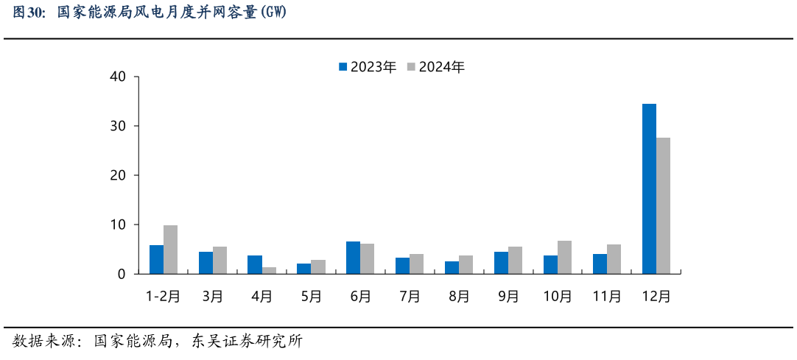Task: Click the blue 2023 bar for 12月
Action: point(649,188)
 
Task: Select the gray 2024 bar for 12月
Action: point(663,205)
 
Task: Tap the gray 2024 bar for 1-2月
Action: point(170,250)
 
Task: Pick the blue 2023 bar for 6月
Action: point(353,258)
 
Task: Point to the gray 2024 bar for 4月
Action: point(269,270)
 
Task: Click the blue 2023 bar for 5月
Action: point(303,269)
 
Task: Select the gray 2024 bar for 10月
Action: point(564,257)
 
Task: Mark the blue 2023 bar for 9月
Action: point(501,263)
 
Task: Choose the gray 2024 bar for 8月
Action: point(466,264)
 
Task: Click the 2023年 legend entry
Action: point(367,67)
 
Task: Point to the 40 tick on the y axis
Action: point(118,77)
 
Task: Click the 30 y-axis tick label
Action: point(118,126)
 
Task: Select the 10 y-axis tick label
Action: point(118,225)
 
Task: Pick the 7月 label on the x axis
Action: point(410,296)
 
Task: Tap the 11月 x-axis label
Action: point(607,296)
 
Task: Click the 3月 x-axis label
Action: point(212,296)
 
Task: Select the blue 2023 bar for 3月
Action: point(206,263)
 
